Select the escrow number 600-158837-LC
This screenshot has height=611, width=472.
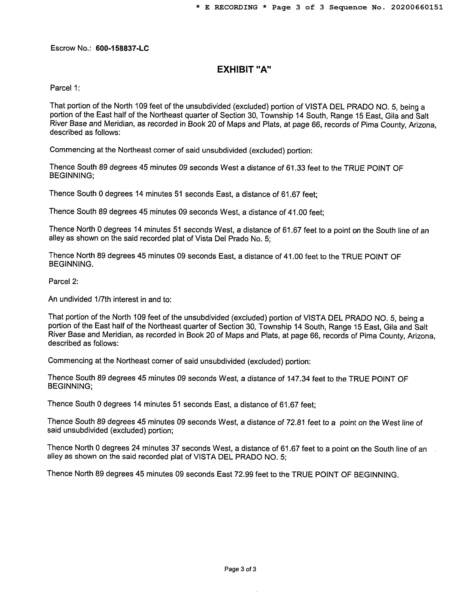(x=122, y=48)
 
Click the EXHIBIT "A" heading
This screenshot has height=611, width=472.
(x=244, y=69)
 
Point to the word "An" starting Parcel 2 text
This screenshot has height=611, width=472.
(x=52, y=299)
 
